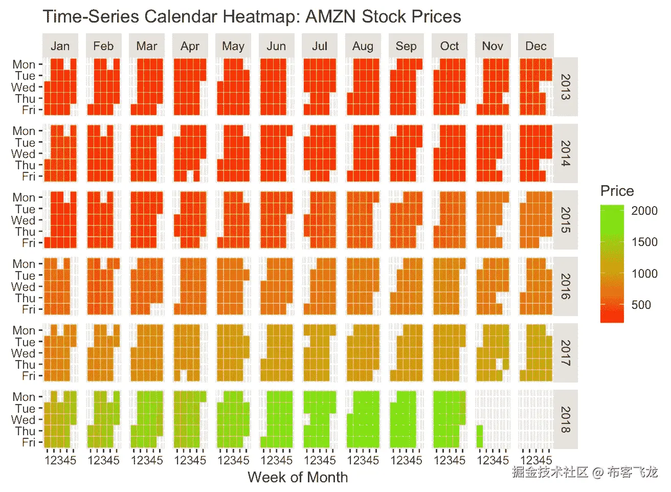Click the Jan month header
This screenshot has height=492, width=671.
60,46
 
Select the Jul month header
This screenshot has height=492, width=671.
320,46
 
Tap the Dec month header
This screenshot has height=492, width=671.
535,46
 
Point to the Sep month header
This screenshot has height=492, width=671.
406,46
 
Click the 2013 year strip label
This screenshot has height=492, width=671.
565,86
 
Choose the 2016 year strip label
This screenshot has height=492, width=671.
565,286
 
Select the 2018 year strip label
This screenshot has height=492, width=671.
565,419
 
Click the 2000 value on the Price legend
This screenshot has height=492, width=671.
644,211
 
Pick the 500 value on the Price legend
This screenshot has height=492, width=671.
641,305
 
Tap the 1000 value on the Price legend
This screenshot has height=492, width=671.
644,274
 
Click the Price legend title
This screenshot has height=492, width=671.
617,191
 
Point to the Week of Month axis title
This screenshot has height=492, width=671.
298,477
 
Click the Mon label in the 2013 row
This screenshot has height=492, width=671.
24,64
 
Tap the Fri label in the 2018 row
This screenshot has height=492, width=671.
29,442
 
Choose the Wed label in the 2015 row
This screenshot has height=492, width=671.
24,220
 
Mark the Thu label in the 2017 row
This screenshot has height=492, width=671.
26,365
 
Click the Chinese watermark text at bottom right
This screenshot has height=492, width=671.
585,472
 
